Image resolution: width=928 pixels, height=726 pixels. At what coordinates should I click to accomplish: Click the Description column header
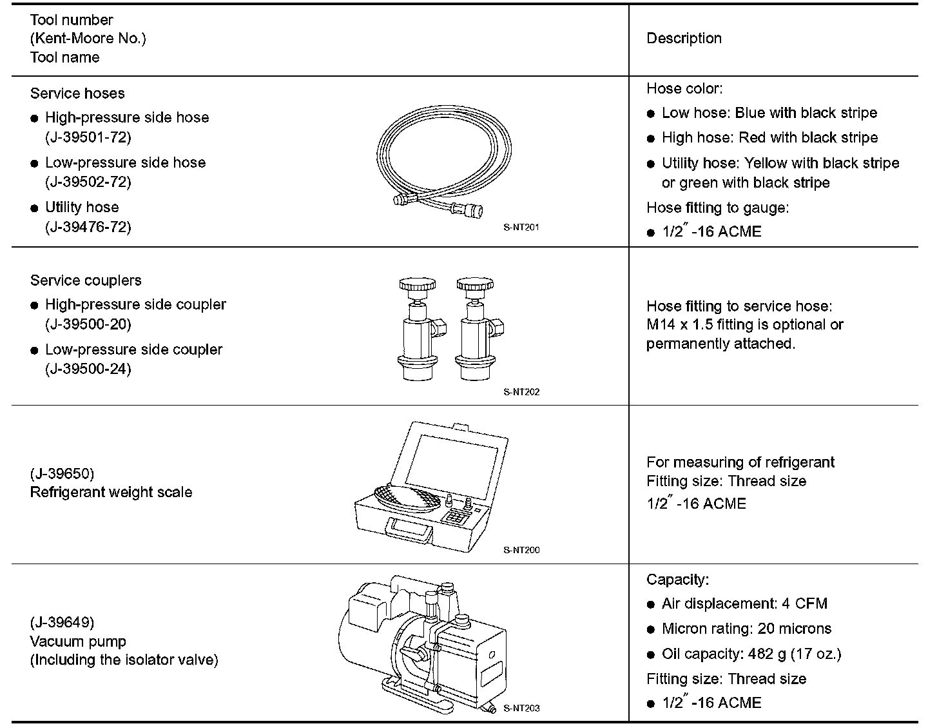684,38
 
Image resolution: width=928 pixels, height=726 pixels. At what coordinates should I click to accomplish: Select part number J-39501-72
88,137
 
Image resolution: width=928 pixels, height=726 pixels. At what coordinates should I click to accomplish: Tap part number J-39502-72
88,182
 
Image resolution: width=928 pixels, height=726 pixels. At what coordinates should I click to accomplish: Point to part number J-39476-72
88,226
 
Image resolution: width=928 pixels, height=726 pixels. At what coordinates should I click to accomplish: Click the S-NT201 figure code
521,227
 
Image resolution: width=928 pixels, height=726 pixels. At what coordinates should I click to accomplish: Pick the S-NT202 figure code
521,391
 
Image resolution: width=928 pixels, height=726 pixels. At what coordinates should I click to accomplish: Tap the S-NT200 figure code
521,550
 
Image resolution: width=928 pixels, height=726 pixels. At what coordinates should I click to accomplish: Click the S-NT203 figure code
521,708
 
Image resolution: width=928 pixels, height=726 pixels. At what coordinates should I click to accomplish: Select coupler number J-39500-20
88,324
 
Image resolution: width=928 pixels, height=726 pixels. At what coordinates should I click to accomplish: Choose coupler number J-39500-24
88,369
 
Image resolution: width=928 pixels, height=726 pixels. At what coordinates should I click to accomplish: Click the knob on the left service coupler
417,284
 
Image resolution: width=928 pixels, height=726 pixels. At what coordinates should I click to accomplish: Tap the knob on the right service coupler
476,284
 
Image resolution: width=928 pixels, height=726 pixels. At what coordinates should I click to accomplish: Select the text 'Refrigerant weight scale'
111,492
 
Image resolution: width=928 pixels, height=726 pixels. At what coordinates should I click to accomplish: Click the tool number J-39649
62,622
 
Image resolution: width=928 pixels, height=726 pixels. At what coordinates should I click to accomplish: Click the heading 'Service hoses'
77,93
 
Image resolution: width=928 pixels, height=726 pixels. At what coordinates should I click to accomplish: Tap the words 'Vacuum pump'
78,642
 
